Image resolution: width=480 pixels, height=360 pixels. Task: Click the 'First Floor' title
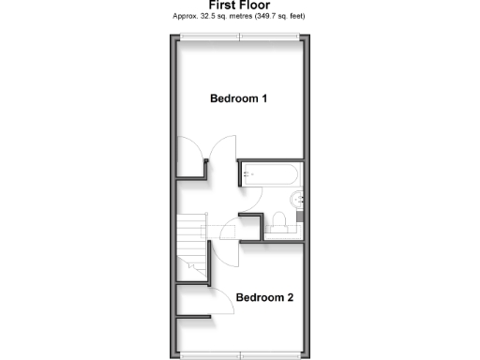click(239, 6)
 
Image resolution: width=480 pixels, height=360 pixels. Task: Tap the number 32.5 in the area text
click(202, 16)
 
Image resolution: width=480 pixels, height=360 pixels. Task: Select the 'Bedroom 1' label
click(239, 98)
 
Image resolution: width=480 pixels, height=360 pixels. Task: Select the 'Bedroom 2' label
click(264, 298)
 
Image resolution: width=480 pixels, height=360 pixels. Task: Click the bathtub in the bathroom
click(271, 173)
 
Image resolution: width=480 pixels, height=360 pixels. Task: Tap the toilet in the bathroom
click(278, 221)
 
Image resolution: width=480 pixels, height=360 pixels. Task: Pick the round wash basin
click(297, 198)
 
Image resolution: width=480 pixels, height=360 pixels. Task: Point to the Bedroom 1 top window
click(240, 37)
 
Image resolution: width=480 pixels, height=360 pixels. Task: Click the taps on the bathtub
click(246, 173)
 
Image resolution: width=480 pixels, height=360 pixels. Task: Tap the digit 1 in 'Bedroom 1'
click(266, 98)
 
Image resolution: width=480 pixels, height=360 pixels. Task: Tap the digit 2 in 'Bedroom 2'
click(291, 298)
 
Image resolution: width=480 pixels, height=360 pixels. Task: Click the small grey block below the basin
click(299, 216)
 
